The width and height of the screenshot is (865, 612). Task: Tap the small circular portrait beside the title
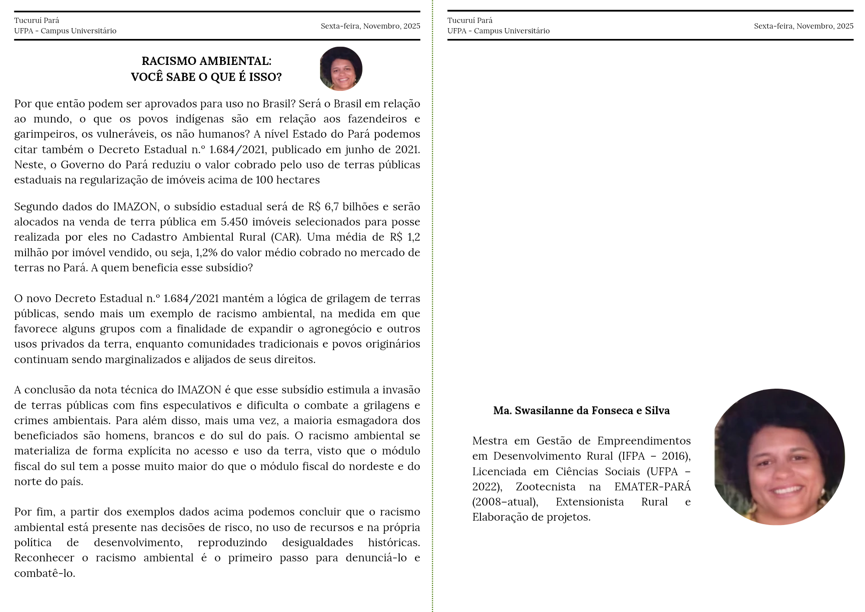click(x=341, y=69)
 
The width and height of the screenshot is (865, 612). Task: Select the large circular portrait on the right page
click(x=779, y=457)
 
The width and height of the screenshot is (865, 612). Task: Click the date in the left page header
click(x=370, y=26)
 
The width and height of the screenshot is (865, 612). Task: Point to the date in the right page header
click(x=804, y=26)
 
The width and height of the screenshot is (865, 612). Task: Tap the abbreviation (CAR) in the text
click(x=286, y=237)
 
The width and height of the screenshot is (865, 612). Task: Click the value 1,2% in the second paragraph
click(x=206, y=253)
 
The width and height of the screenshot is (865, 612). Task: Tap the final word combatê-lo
click(x=45, y=573)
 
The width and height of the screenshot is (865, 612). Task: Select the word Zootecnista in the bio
click(x=545, y=487)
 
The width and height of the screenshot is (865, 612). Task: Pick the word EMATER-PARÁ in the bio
click(x=652, y=487)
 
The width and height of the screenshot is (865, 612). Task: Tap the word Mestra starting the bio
click(x=490, y=441)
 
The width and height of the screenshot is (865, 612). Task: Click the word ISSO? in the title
click(x=265, y=77)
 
